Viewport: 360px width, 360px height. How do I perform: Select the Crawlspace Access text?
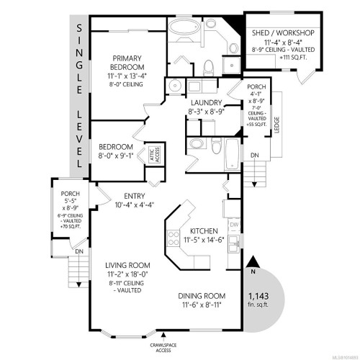point(167,348)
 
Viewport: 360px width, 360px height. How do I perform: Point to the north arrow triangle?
point(253,263)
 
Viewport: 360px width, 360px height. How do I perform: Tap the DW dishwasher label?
point(233,224)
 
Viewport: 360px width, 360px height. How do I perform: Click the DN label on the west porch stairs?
point(79,251)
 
